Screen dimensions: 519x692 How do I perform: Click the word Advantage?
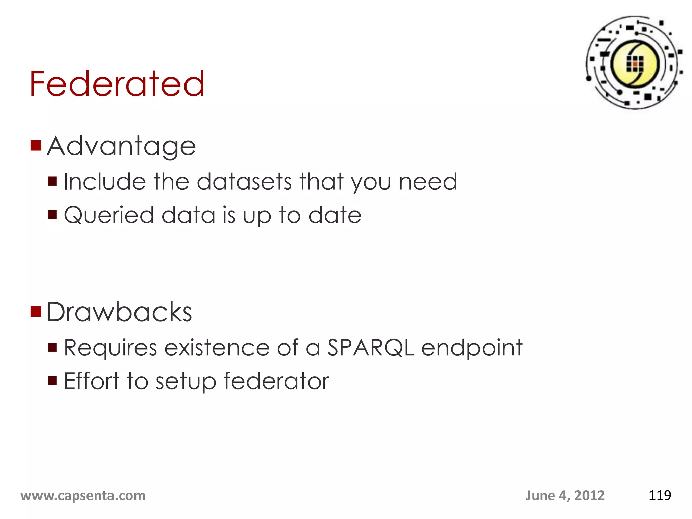[121, 147]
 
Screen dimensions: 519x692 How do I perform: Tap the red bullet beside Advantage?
[36, 146]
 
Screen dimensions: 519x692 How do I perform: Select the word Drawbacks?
[119, 312]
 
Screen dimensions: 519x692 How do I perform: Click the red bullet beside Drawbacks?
[36, 312]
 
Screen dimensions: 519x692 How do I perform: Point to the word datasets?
[244, 182]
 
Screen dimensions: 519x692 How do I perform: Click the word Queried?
[109, 216]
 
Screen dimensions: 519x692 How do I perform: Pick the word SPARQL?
[371, 348]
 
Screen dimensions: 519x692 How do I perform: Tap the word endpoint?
[472, 348]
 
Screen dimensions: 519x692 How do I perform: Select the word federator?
[276, 381]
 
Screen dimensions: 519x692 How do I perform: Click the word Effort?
[92, 381]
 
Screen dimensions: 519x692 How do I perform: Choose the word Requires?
[110, 348]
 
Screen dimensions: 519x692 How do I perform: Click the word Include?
[105, 182]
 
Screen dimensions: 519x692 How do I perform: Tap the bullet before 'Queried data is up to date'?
[52, 215]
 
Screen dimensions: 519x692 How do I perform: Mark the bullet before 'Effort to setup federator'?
[52, 381]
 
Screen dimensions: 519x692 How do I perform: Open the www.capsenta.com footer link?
[83, 496]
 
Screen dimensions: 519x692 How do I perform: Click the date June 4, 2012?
[565, 496]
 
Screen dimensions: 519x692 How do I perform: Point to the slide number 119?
[660, 496]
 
